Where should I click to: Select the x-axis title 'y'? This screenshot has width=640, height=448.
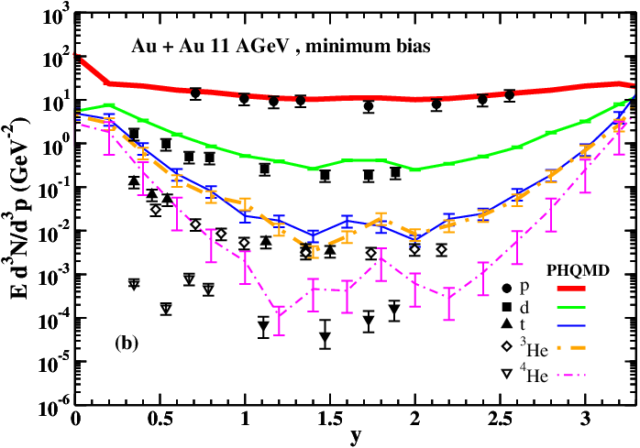coord(355,437)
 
